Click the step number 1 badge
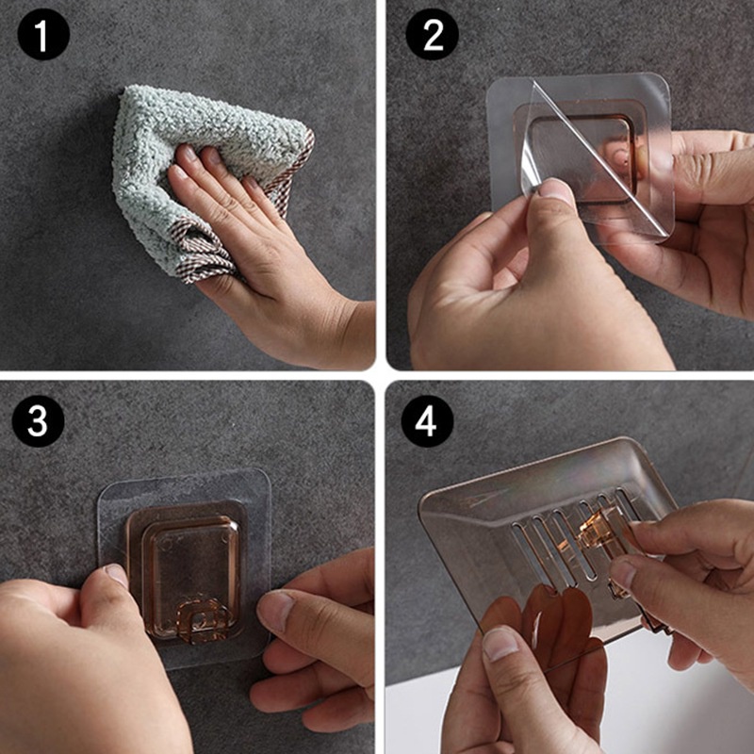[43, 34]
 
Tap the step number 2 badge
[432, 34]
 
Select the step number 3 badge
[38, 421]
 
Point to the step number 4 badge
[427, 421]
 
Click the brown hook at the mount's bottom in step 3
[202, 620]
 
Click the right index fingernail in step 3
[274, 610]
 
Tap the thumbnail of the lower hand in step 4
[500, 644]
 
